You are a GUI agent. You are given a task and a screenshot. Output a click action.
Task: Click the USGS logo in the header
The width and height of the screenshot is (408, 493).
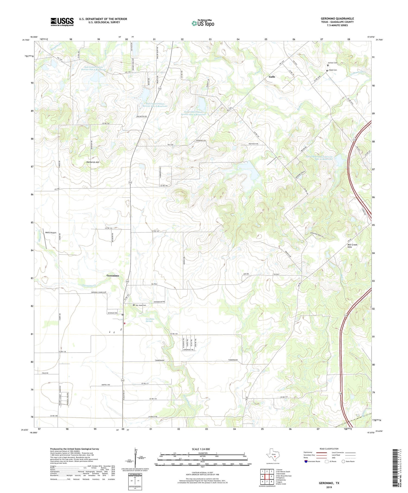point(62,22)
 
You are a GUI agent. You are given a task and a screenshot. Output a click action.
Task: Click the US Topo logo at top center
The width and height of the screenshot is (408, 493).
point(203,23)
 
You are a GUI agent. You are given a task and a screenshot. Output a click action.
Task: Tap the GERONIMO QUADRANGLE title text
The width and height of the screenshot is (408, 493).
point(337,19)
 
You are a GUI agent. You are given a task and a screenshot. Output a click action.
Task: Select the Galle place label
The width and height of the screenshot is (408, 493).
point(272,77)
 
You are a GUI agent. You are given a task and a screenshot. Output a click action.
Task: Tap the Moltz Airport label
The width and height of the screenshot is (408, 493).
point(51,233)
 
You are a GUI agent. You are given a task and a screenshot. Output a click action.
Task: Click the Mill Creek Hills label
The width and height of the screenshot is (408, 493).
point(352,246)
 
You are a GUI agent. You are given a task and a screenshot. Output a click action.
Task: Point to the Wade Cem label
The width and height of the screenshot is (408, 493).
point(333,70)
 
